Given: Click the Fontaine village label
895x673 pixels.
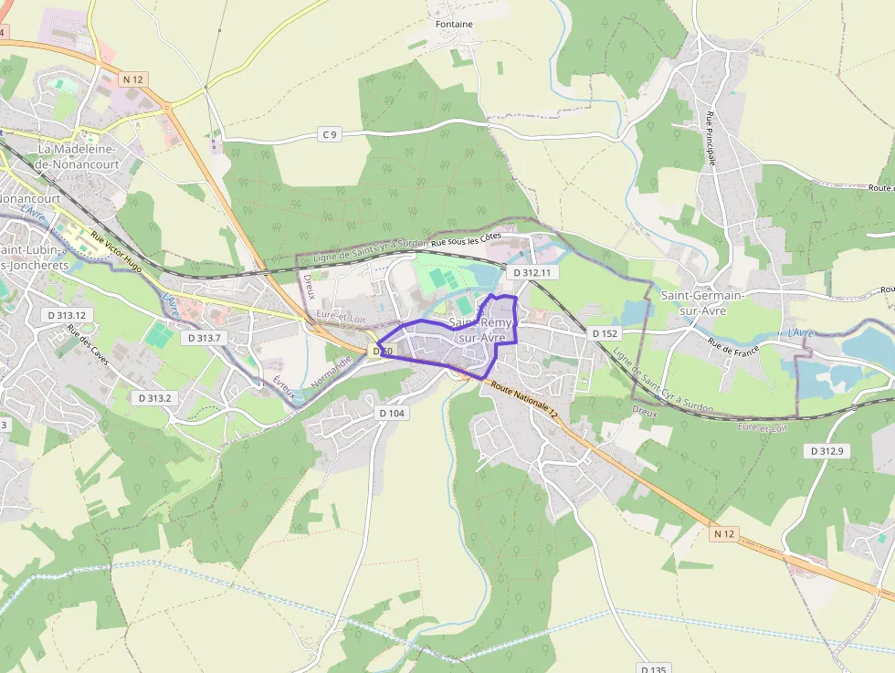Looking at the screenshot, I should pos(455,24).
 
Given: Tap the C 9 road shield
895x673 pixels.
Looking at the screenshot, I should pos(330,134).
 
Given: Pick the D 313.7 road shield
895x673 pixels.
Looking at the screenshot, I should pos(204,337).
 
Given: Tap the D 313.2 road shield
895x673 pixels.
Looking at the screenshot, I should pos(153,398).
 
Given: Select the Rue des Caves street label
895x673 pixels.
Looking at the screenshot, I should pos(88,347).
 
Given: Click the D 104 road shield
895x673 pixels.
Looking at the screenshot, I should pos(391,413).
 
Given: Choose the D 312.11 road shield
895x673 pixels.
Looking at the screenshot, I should pos(532,272).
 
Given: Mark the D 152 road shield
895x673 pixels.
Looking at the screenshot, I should pos(605,333).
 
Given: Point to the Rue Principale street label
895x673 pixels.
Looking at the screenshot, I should pos(710,138).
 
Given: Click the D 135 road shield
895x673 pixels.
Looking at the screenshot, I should pos(654,668).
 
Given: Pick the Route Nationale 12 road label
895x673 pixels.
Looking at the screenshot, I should pos(523,399).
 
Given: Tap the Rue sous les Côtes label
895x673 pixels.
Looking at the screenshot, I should pos(466,240).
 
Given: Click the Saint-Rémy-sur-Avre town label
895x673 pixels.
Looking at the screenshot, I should pos(482,330).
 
